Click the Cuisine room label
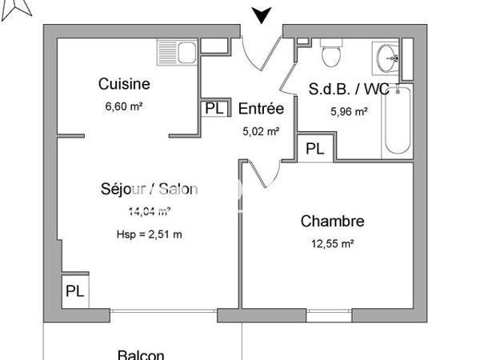click(x=124, y=83)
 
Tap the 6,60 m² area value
click(x=125, y=105)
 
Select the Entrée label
click(x=261, y=109)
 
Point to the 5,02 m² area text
click(x=261, y=132)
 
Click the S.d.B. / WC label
click(x=349, y=90)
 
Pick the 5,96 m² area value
click(x=350, y=112)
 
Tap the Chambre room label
click(x=333, y=221)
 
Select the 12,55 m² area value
click(x=333, y=244)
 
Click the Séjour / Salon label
click(x=149, y=190)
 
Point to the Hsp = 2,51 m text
click(x=149, y=234)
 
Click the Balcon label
click(x=141, y=355)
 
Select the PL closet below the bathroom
click(x=315, y=148)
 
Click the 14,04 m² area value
click(x=149, y=212)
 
